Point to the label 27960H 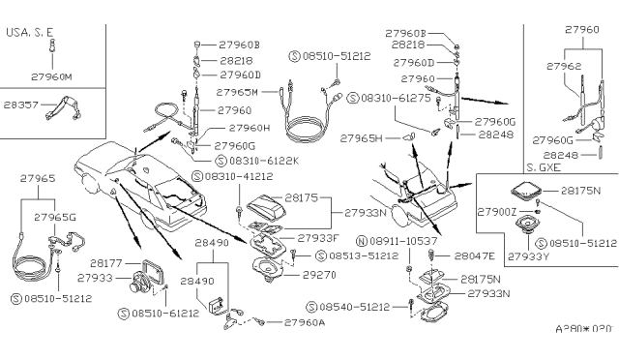pos(244,127)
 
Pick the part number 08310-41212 pos(238,177)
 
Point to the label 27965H pos(362,138)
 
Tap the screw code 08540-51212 pos(352,307)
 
